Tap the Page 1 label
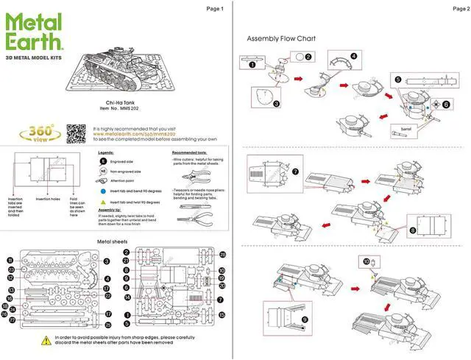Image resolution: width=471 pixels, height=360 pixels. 216,9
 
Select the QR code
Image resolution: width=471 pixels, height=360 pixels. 77,134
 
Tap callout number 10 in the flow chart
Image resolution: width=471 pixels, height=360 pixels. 366,261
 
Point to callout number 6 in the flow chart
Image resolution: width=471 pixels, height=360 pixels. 446,105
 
